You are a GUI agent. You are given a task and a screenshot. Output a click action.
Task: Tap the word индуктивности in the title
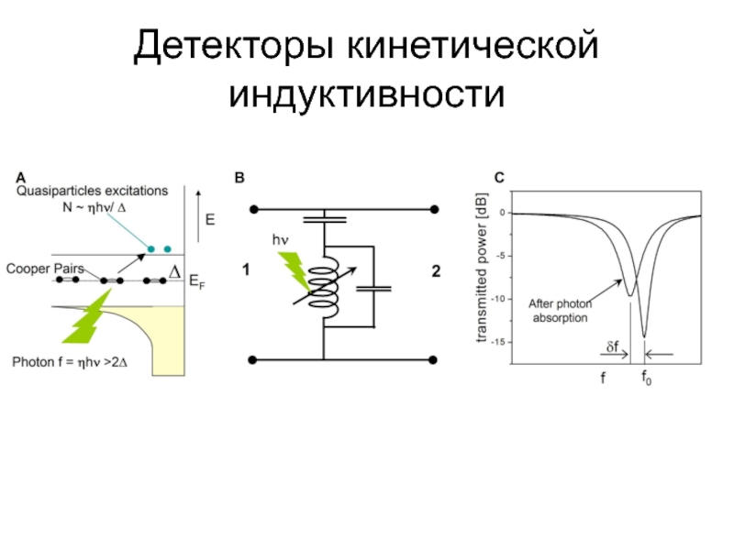(x=367, y=93)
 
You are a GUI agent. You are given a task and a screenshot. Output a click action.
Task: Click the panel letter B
(x=240, y=177)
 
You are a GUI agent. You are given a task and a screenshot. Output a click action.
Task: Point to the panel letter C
(x=499, y=177)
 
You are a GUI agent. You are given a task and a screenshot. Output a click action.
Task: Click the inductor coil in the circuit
(x=324, y=287)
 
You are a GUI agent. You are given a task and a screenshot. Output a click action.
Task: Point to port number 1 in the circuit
(x=246, y=270)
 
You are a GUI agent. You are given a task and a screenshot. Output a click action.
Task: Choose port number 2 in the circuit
(x=436, y=271)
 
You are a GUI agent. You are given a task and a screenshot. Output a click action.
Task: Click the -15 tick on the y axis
(x=500, y=342)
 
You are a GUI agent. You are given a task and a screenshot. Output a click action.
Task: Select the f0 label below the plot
(x=646, y=378)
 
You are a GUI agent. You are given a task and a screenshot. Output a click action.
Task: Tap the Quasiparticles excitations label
(x=92, y=192)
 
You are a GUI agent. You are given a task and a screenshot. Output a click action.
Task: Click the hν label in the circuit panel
(x=280, y=239)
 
